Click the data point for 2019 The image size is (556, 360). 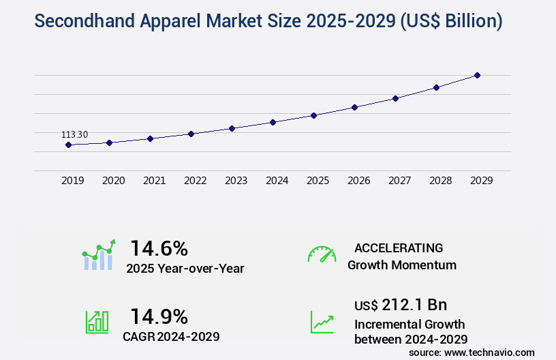pyautogui.click(x=68, y=145)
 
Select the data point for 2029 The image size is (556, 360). pyautogui.click(x=477, y=75)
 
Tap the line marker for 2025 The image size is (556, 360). pyautogui.click(x=313, y=115)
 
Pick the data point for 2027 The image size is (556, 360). pyautogui.click(x=395, y=98)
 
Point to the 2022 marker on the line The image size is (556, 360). pyautogui.click(x=191, y=134)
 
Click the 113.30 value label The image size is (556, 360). pyautogui.click(x=74, y=134)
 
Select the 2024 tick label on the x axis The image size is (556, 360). pyautogui.click(x=277, y=181)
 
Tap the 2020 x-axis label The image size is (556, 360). pyautogui.click(x=113, y=181)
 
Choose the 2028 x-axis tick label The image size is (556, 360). pyautogui.click(x=440, y=181)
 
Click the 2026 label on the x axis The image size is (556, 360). pyautogui.click(x=358, y=181)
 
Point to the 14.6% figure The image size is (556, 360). pyautogui.click(x=159, y=247)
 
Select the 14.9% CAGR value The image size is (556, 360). pyautogui.click(x=159, y=316)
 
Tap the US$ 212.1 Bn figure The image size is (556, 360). pyautogui.click(x=401, y=304)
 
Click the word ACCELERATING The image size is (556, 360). pyautogui.click(x=399, y=247)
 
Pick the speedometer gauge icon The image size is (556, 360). pyautogui.click(x=322, y=254)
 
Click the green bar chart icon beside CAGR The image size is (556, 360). pyautogui.click(x=97, y=321)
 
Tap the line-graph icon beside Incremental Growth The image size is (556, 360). pyautogui.click(x=322, y=322)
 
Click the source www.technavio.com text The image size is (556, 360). pyautogui.click(x=472, y=352)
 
